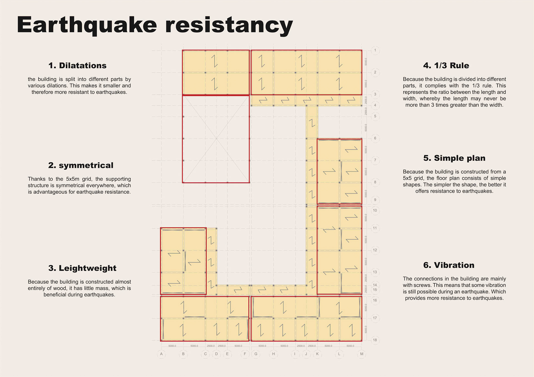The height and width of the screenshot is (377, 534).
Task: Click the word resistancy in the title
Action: click(x=229, y=25)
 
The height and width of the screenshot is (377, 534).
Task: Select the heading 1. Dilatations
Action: click(x=77, y=66)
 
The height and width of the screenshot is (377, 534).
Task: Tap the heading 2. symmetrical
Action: click(x=81, y=165)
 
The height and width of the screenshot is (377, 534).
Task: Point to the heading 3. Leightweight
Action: click(x=82, y=268)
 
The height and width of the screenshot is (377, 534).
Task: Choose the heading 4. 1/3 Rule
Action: click(x=446, y=66)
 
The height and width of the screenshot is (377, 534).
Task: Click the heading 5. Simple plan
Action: click(x=454, y=158)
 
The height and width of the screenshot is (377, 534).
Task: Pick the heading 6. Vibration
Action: click(x=449, y=265)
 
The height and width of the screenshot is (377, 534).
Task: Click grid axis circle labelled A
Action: click(x=161, y=354)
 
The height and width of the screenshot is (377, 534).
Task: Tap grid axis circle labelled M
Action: click(x=362, y=354)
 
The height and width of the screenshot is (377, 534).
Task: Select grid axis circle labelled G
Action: click(x=256, y=354)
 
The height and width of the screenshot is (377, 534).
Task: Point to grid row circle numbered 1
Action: click(x=375, y=50)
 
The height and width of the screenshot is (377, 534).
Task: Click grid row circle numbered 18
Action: click(x=375, y=340)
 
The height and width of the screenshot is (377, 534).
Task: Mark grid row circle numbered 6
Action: click(x=375, y=138)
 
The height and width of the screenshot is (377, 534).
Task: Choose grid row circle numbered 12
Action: click(x=375, y=250)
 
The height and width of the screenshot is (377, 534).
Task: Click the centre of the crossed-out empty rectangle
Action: click(x=216, y=139)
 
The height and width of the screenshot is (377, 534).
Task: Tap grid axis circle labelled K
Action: click(x=317, y=354)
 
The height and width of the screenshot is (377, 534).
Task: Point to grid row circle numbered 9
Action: click(x=375, y=200)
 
